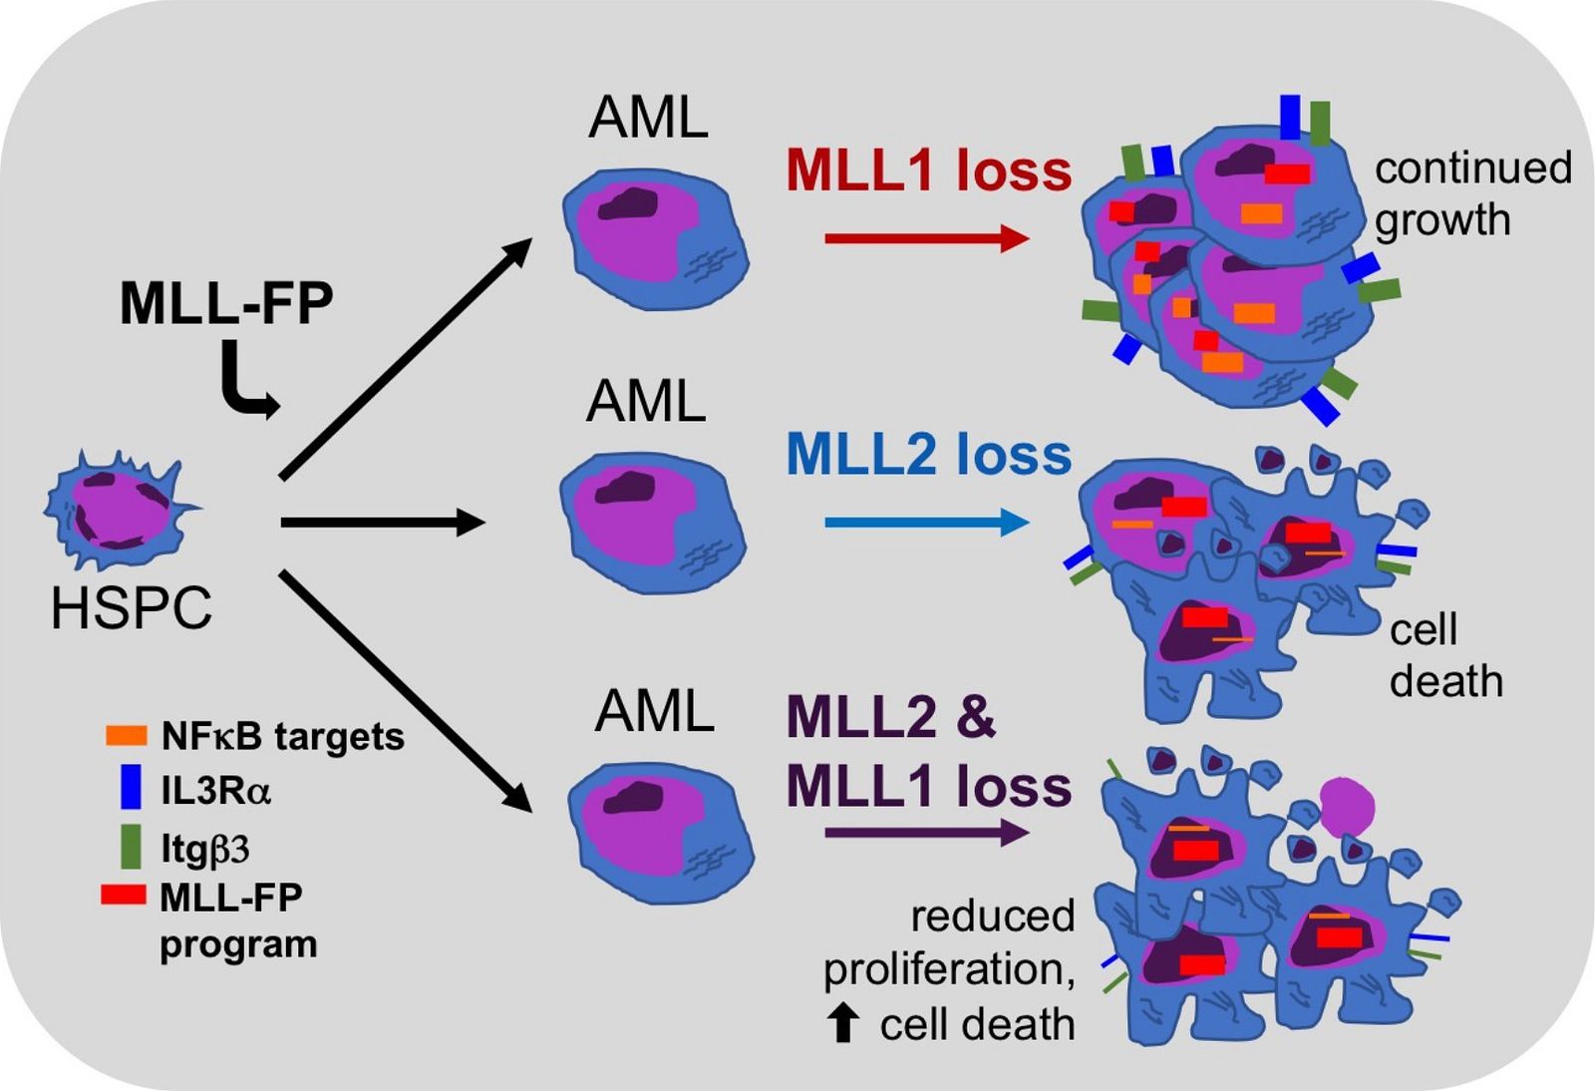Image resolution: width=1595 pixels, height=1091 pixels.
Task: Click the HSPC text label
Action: (x=132, y=607)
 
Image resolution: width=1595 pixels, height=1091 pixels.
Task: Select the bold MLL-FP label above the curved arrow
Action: (x=226, y=304)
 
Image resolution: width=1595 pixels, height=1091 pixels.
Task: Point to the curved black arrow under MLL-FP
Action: (x=245, y=382)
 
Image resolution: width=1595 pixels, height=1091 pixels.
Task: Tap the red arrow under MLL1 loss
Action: (x=927, y=238)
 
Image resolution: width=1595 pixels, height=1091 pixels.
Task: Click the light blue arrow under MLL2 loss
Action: (x=927, y=523)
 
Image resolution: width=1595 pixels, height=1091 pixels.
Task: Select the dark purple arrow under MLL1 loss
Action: (x=927, y=833)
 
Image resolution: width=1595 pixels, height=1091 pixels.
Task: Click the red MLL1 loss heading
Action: (x=928, y=171)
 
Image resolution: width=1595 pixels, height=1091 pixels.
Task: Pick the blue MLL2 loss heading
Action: (x=928, y=455)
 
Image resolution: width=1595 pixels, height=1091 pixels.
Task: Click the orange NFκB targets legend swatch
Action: (x=127, y=736)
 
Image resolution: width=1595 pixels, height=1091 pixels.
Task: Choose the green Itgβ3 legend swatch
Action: (x=131, y=847)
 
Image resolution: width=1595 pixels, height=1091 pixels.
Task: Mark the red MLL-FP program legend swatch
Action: (x=124, y=895)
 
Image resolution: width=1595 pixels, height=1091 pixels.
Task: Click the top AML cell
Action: (x=655, y=239)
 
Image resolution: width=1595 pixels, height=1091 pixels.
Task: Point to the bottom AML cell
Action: (x=660, y=834)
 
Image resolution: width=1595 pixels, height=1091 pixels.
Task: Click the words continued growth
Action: (x=1473, y=193)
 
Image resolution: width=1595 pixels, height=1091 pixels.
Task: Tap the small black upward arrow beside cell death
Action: (x=842, y=1024)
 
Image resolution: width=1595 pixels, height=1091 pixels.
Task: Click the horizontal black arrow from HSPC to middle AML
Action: (x=383, y=523)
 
